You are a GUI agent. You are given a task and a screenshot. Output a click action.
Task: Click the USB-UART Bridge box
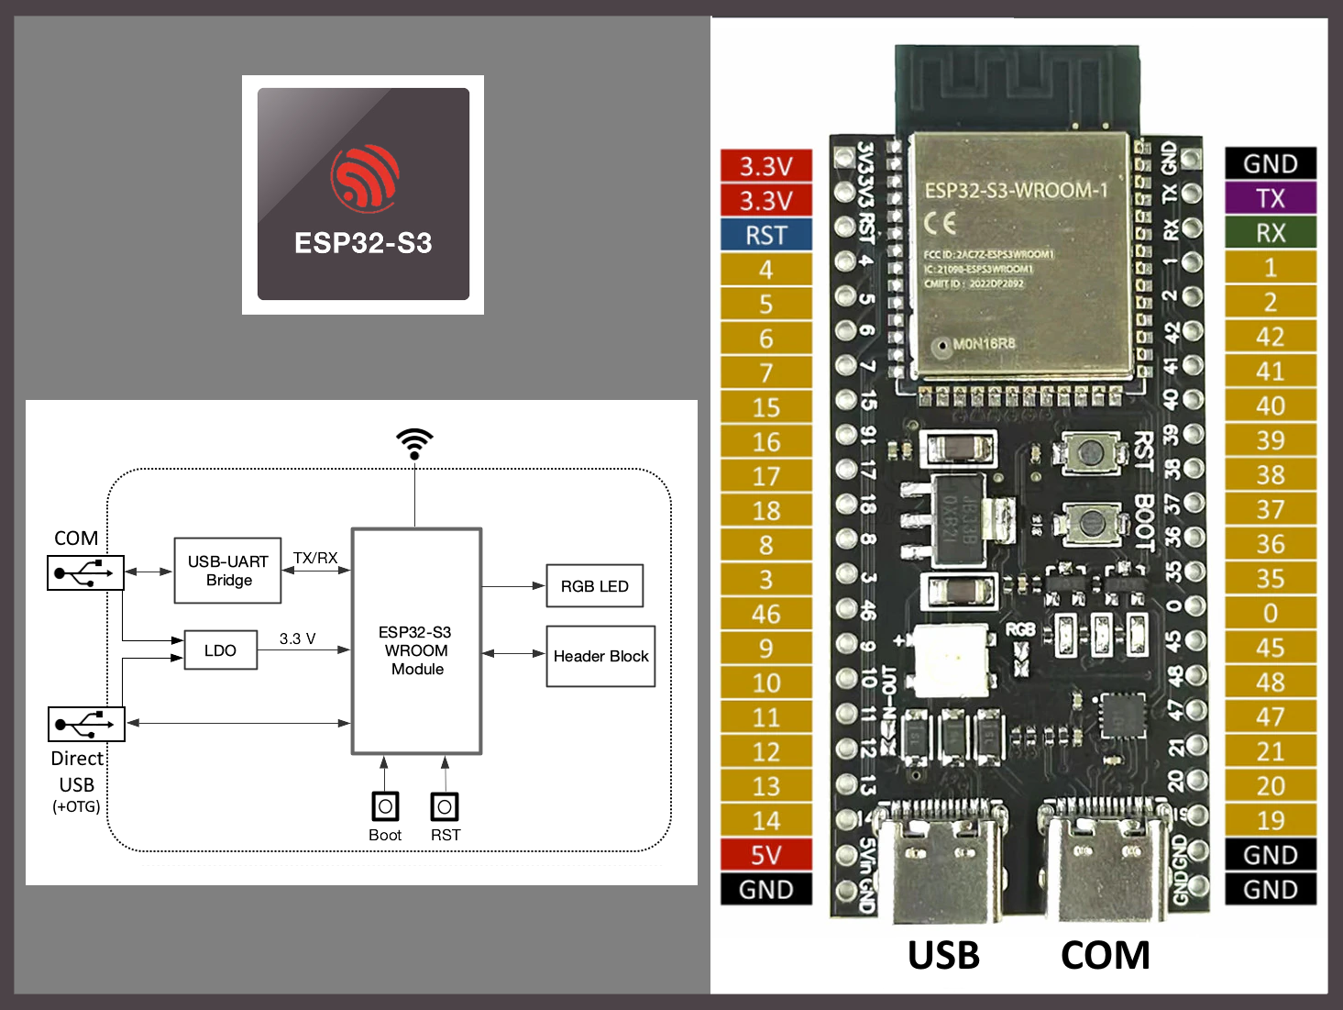pos(227,571)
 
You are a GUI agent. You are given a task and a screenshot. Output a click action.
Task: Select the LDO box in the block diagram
pos(220,650)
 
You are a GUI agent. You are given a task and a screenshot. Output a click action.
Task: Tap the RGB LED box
pos(594,586)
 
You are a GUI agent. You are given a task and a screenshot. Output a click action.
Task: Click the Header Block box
pos(600,656)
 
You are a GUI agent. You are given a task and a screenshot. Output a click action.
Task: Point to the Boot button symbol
pos(385,806)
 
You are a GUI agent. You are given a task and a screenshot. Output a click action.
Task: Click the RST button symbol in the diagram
pos(445,806)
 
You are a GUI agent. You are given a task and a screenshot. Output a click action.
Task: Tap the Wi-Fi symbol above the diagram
pos(414,443)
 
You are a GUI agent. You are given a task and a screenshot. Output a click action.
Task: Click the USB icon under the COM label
pos(85,573)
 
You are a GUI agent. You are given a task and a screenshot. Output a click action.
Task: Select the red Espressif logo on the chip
pos(365,177)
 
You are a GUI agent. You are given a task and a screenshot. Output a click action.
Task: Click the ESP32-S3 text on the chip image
pos(363,243)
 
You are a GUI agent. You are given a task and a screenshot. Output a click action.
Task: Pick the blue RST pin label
pos(765,236)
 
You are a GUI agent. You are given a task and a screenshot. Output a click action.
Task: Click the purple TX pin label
pos(1271,198)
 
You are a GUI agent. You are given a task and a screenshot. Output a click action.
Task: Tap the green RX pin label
pos(1271,233)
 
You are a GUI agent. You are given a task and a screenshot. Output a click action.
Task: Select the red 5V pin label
pos(765,855)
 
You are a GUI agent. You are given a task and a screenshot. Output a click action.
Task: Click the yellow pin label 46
pos(765,614)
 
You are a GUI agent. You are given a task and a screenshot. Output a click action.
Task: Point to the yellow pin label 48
pos(1271,683)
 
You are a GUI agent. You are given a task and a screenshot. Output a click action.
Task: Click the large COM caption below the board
pos(1105,956)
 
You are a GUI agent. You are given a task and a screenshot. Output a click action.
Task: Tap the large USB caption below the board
pos(943,956)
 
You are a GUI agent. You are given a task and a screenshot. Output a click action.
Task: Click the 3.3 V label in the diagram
pos(297,638)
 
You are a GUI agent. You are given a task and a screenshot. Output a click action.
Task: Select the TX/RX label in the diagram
pos(315,558)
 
